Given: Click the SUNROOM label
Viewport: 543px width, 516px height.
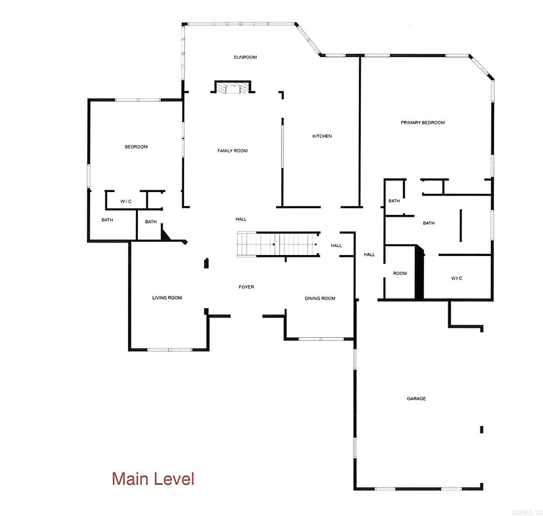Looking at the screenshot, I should (x=245, y=57).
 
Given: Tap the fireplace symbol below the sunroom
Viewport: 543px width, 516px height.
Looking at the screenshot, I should (x=233, y=87).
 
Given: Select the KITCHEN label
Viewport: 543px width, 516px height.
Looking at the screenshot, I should (x=322, y=136).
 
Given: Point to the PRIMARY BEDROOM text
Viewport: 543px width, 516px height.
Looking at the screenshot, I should (x=423, y=123).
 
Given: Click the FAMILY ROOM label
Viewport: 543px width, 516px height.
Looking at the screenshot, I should (x=232, y=151).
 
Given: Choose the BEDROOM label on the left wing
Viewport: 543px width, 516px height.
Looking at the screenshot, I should (x=136, y=147).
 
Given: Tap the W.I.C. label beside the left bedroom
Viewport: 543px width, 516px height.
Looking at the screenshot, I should (x=126, y=202).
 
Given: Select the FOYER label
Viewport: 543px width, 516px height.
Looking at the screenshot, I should (x=246, y=287).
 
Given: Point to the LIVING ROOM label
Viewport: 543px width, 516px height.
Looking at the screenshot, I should (x=167, y=298).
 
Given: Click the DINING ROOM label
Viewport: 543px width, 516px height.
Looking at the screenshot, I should (x=320, y=298).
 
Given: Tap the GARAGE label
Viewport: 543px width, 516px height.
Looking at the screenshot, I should (x=416, y=399).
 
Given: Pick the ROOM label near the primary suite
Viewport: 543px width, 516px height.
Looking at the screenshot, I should (x=400, y=273).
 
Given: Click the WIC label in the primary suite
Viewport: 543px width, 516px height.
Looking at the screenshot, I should (x=456, y=278).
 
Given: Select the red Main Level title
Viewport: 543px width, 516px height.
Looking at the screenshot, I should (x=153, y=479).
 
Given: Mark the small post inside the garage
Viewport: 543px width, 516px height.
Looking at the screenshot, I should (x=481, y=429).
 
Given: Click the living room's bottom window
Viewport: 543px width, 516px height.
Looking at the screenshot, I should (x=169, y=350).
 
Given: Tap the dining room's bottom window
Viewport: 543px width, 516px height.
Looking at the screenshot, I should (x=321, y=339).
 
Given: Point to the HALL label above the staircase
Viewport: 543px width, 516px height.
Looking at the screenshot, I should (x=241, y=219).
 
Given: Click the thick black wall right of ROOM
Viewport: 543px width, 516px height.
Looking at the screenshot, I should (x=419, y=272).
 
